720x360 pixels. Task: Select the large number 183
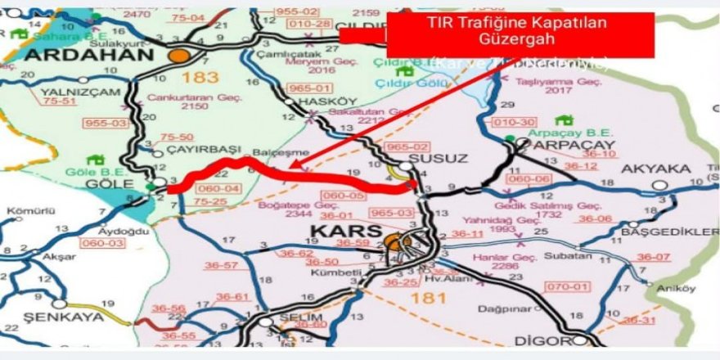(202, 79)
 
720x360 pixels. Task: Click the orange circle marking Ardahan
(179, 56)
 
